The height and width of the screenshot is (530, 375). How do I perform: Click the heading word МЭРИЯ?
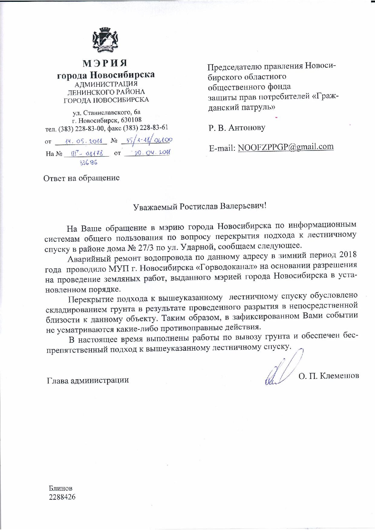(105, 63)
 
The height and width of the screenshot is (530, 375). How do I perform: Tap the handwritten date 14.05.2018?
(80, 141)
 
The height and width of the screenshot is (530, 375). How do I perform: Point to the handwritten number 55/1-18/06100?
(146, 141)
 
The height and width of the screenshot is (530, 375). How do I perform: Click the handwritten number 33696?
(88, 163)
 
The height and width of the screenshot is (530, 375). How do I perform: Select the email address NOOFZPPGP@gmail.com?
(286, 147)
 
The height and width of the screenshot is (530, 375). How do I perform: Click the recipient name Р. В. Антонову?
(237, 128)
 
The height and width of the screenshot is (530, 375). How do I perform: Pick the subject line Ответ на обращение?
(82, 178)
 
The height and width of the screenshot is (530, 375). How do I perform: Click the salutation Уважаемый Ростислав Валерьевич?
(200, 206)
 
